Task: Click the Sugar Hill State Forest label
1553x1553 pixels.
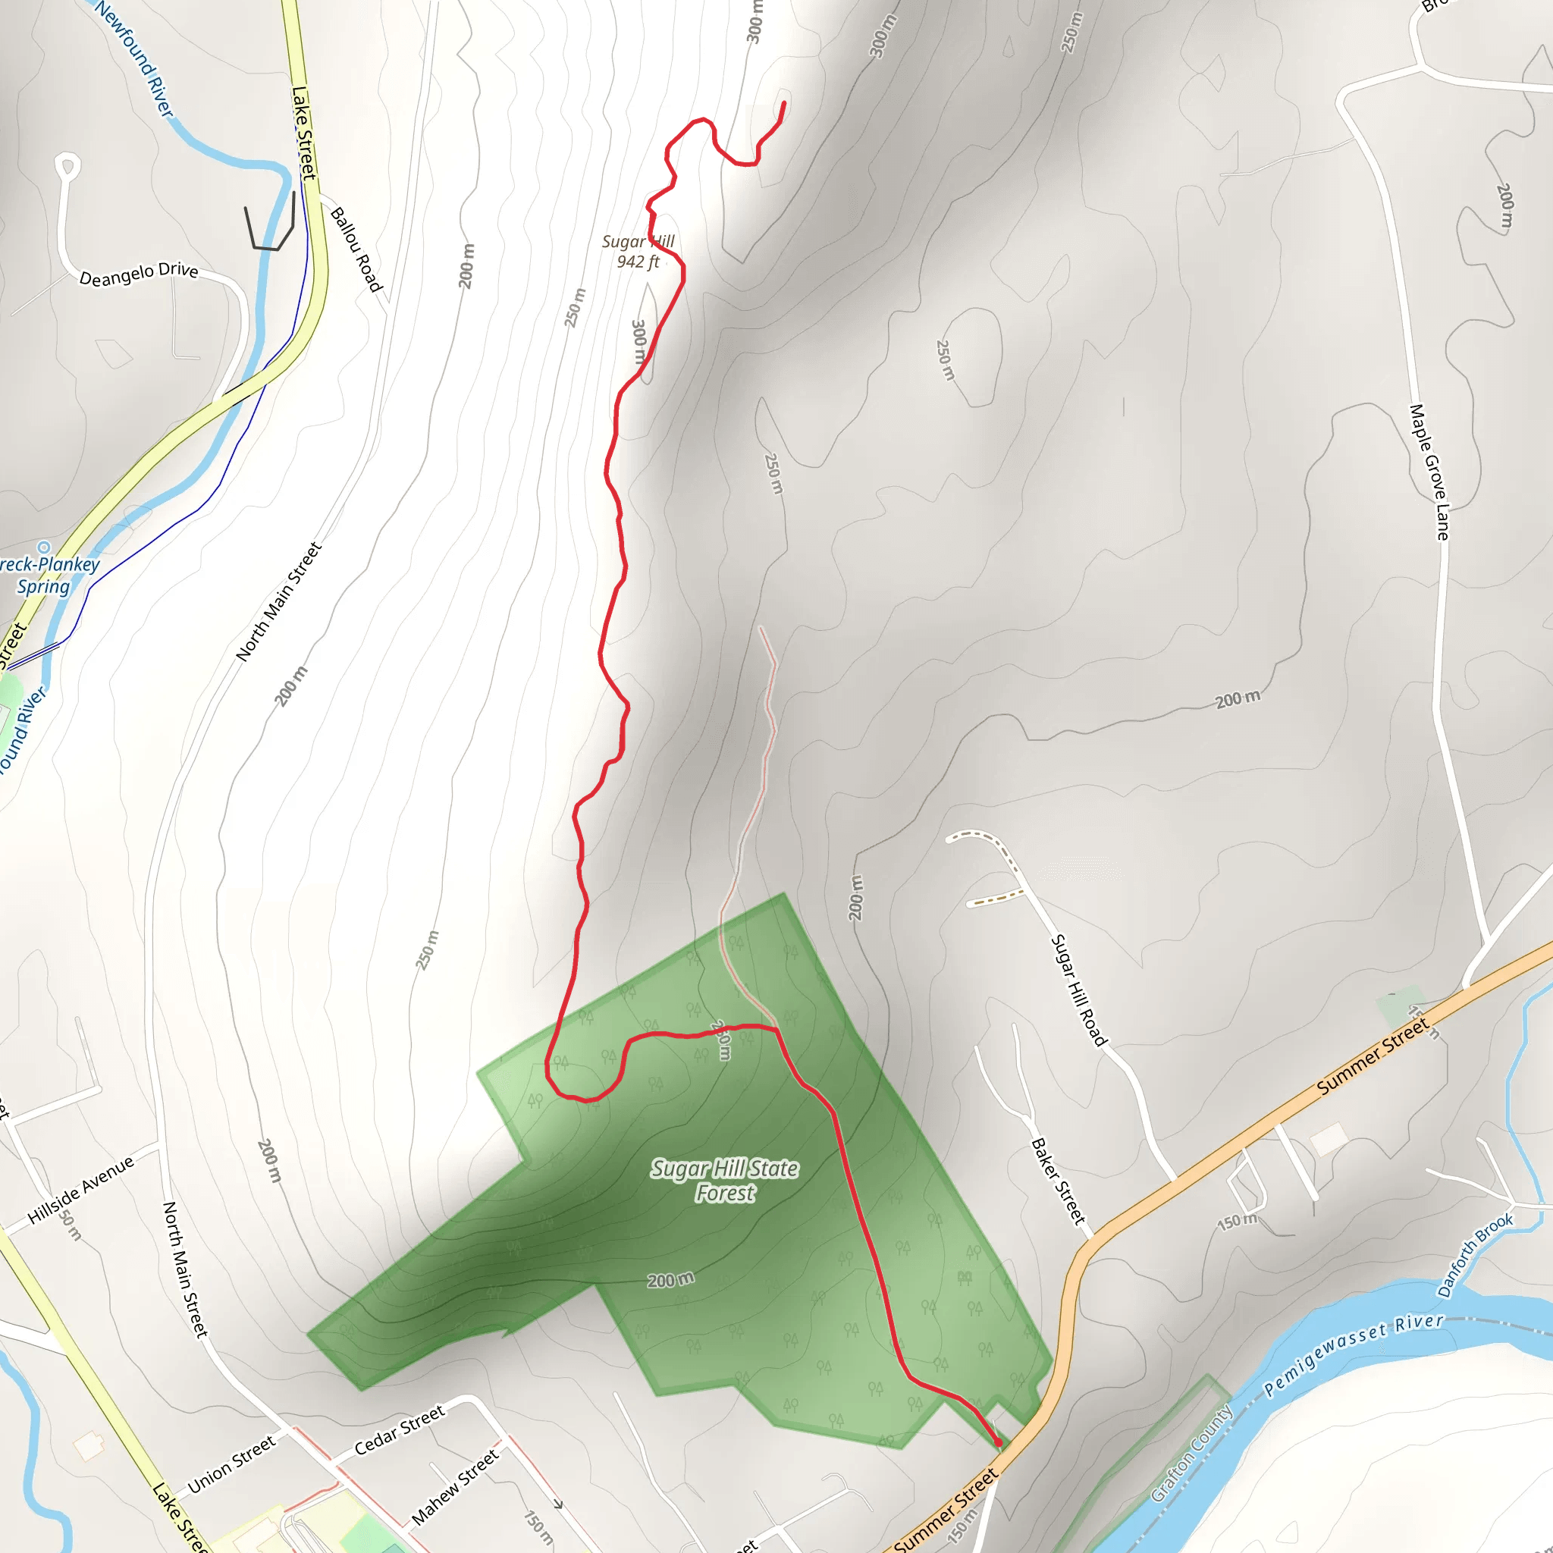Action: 724,1180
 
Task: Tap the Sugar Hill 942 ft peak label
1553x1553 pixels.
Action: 638,252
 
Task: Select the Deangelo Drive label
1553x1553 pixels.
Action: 138,274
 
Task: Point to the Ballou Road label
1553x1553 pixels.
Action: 356,249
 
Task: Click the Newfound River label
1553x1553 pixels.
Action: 133,58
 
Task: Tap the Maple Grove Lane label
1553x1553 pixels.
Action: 1429,472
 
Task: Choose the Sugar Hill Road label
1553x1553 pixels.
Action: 1079,990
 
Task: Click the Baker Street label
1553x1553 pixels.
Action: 1058,1181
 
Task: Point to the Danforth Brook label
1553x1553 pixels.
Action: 1475,1255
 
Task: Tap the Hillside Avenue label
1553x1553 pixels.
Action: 80,1191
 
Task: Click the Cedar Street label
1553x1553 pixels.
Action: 400,1430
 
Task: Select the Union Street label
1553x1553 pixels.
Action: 231,1464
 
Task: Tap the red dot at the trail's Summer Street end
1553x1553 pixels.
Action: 999,1443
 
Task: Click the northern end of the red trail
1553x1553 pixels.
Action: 784,103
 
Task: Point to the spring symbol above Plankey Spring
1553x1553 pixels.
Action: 44,548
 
